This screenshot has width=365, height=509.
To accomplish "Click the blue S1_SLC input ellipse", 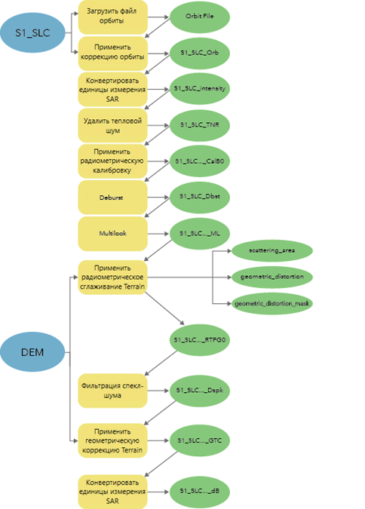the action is click(32, 32).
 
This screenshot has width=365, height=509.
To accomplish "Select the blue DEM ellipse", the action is click(32, 352).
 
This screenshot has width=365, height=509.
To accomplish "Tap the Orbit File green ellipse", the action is click(200, 17).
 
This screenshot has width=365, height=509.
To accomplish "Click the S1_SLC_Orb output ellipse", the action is click(200, 53).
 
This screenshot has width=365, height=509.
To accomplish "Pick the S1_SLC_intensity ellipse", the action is click(200, 89).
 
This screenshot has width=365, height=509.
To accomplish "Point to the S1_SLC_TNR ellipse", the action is click(200, 125).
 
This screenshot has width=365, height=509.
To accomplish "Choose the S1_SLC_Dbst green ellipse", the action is click(200, 197).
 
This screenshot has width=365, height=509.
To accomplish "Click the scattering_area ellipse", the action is click(272, 250).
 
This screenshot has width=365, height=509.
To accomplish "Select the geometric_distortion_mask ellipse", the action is click(272, 304).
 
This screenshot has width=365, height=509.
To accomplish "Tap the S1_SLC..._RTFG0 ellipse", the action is click(200, 340).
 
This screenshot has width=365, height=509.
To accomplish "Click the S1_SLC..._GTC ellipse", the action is click(200, 440).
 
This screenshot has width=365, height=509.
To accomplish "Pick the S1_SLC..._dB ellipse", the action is click(200, 491).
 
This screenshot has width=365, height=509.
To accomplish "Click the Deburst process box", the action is click(112, 198).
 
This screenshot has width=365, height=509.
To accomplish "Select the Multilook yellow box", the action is click(112, 234).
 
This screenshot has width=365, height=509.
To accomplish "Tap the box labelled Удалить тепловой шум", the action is click(112, 126).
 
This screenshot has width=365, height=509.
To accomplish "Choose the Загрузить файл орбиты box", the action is click(112, 17).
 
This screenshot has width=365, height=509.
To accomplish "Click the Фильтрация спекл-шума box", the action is click(112, 391).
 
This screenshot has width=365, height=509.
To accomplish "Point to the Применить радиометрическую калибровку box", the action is click(112, 161).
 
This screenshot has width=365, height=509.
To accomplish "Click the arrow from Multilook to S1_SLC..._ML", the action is click(158, 234).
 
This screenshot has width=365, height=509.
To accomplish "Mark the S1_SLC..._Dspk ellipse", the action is click(200, 390).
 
